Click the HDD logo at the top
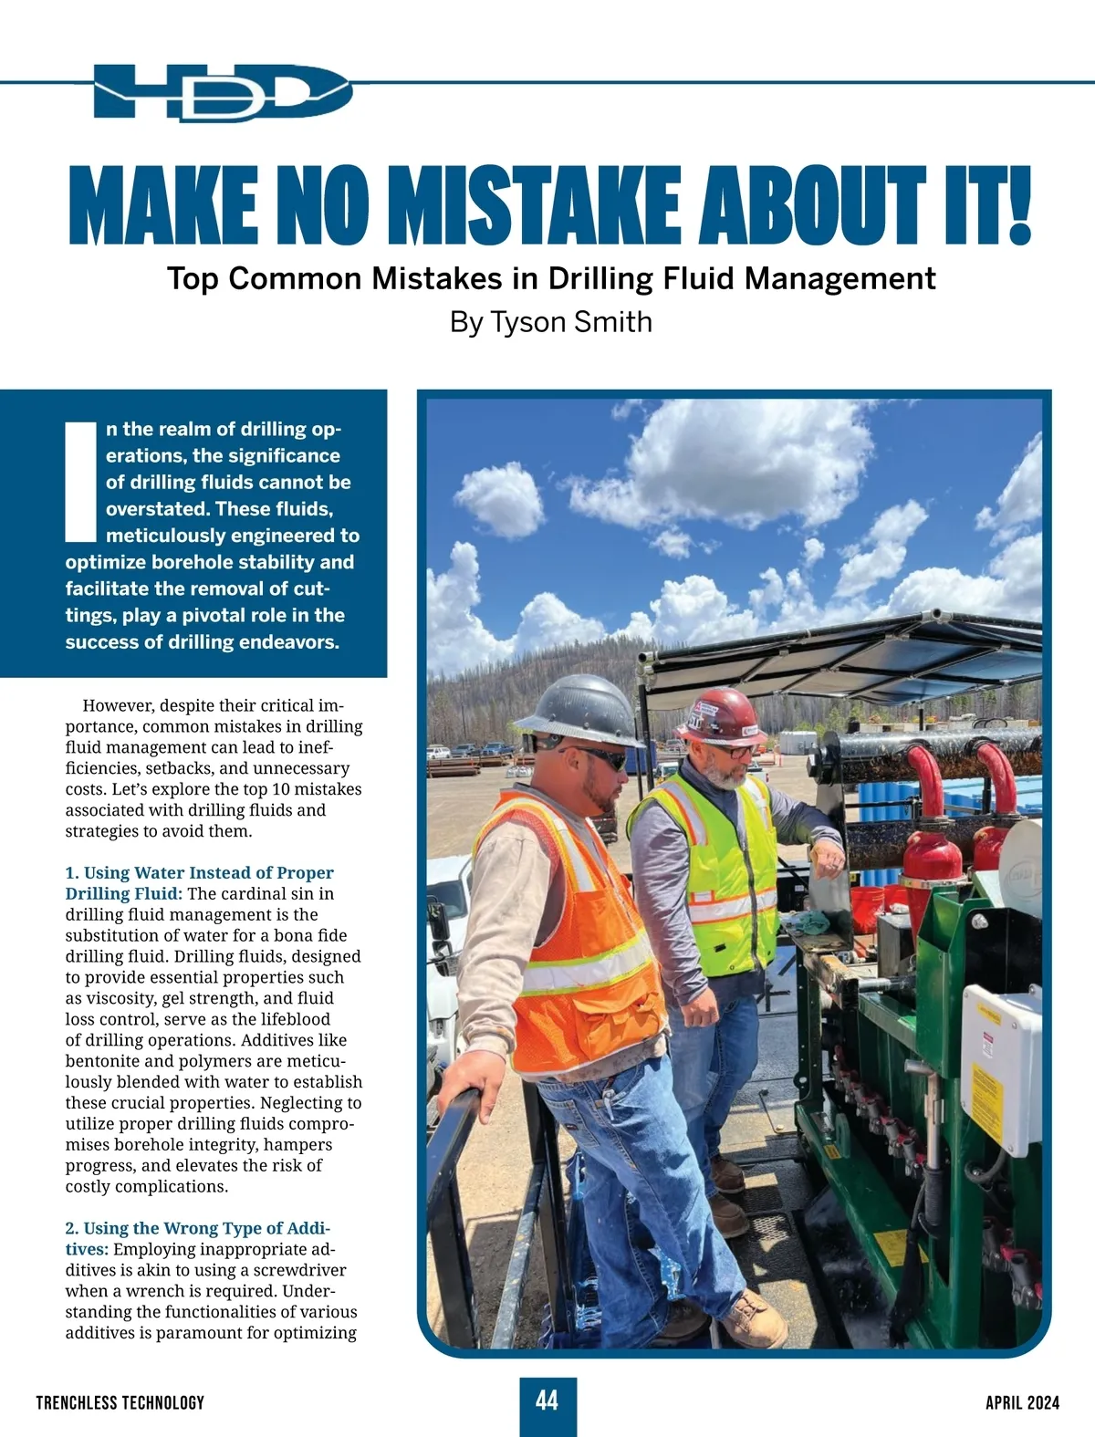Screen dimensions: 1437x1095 [222, 91]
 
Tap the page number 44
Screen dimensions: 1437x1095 [547, 1401]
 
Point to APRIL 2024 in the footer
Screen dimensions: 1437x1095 [1022, 1402]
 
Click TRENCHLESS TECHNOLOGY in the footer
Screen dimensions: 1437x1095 [120, 1402]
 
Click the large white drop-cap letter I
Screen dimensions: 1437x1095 [81, 480]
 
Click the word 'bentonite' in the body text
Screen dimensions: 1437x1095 [102, 1061]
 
